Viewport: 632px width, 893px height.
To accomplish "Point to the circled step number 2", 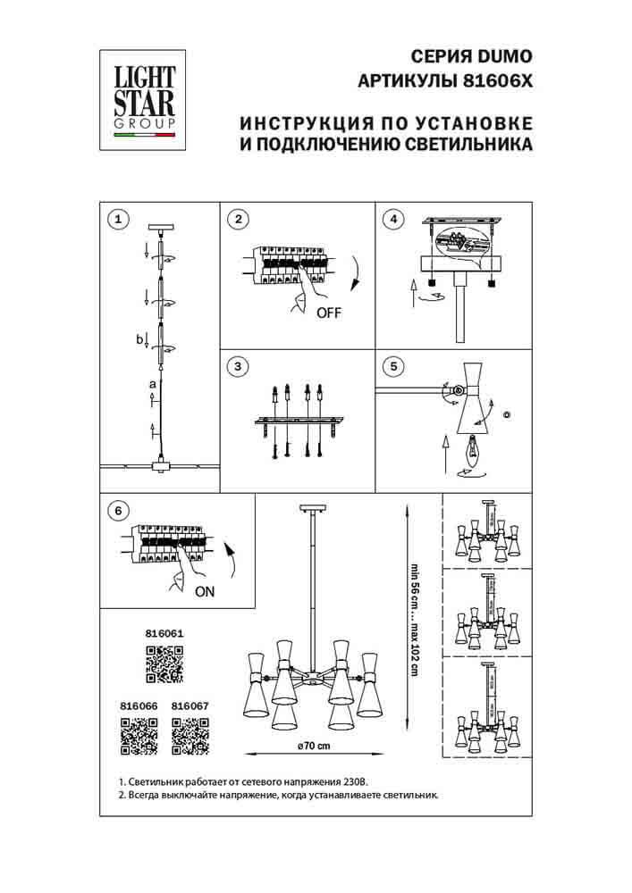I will pos(236,218).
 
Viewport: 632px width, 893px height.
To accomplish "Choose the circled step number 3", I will pos(236,365).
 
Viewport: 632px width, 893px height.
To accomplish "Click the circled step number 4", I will pos(391,218).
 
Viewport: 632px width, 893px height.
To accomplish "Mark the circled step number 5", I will pos(391,365).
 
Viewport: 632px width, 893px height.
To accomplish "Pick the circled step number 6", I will pos(114,511).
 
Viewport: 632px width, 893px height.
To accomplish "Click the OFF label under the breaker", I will pos(329,313).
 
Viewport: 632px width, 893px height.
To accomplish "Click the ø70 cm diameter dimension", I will pos(313,746).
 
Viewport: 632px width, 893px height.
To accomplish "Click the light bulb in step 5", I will pos(473,446).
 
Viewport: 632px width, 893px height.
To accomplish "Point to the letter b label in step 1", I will pos(139,339).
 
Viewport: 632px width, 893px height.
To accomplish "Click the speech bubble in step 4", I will pos(462,245).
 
